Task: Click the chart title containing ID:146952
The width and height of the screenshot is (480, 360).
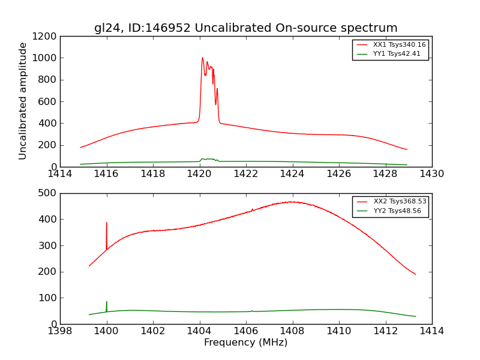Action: pyautogui.click(x=245, y=28)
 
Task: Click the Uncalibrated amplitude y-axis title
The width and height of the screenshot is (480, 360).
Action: pyautogui.click(x=23, y=101)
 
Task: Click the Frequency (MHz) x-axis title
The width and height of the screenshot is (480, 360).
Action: pyautogui.click(x=245, y=343)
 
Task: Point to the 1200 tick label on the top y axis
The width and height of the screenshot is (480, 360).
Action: pyautogui.click(x=44, y=36)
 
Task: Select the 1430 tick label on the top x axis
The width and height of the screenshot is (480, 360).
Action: pyautogui.click(x=431, y=174)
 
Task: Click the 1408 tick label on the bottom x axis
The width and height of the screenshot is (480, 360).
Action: pyautogui.click(x=292, y=331)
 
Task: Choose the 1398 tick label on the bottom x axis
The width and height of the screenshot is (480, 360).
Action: pyautogui.click(x=60, y=331)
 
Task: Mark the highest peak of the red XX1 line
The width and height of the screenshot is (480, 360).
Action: pyautogui.click(x=202, y=58)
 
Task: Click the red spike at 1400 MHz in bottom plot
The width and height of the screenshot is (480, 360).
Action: pyautogui.click(x=107, y=223)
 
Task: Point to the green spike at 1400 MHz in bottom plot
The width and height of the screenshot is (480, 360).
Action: pyautogui.click(x=107, y=302)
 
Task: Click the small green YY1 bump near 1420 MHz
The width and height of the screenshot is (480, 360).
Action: pyautogui.click(x=208, y=159)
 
